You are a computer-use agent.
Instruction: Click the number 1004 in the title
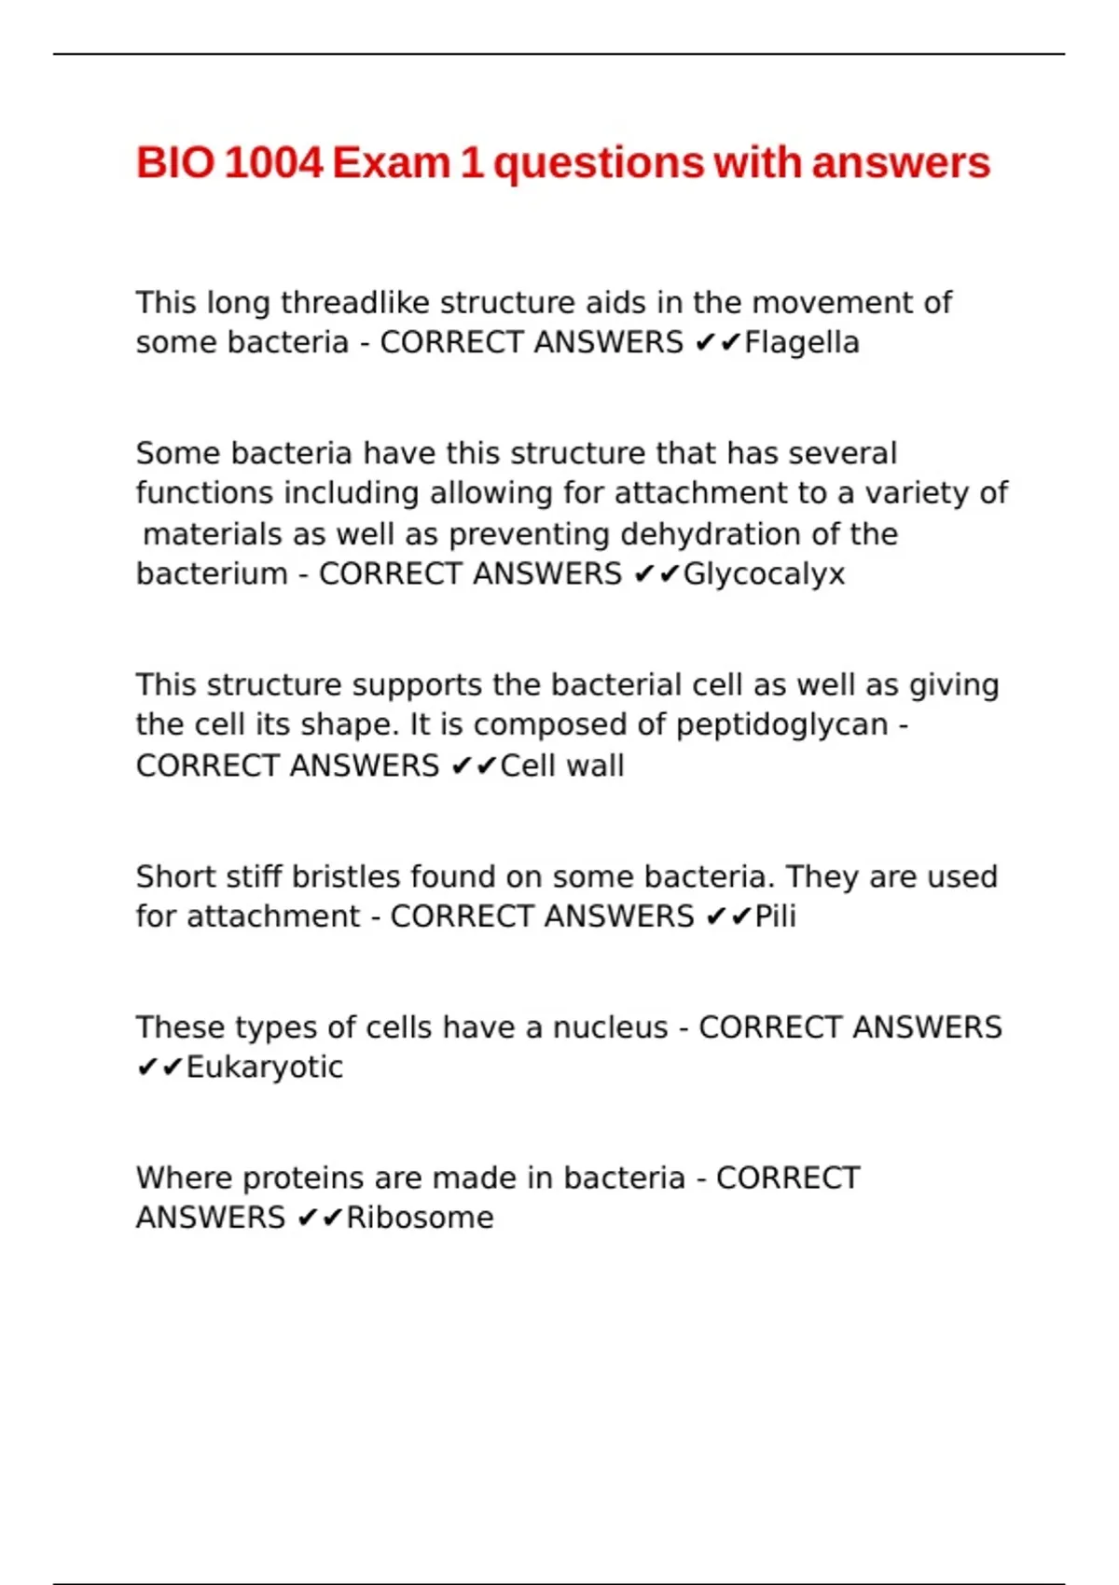point(273,163)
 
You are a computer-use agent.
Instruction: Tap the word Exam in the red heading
point(392,163)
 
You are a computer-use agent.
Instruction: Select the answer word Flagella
point(802,343)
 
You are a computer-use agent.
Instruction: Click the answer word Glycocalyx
point(764,574)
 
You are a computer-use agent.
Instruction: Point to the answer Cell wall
point(562,766)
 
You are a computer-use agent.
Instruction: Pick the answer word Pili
point(775,917)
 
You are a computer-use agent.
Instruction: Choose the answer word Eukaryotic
point(265,1068)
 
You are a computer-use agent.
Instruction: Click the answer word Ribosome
point(420,1218)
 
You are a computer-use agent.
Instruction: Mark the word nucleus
point(610,1027)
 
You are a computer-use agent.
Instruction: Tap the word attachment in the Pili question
point(273,917)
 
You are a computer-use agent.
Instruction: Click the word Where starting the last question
point(184,1178)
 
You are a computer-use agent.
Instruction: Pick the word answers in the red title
point(900,163)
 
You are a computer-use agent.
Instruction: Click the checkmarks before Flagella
point(717,343)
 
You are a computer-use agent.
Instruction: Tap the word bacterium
point(212,574)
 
